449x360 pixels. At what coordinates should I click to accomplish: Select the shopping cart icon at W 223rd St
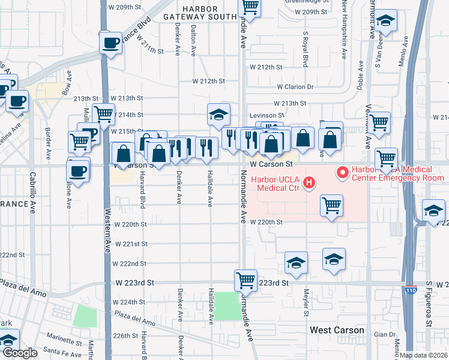coord(246,280)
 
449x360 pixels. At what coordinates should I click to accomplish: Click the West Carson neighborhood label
coord(337,330)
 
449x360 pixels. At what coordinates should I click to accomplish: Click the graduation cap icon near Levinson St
coord(218,113)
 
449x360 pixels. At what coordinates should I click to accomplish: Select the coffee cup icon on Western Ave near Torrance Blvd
coord(111,43)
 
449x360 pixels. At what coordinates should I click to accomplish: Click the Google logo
coord(20,353)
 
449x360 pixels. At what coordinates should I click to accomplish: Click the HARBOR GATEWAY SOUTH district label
coord(199,13)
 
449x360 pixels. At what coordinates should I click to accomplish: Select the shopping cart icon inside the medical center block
coord(331,206)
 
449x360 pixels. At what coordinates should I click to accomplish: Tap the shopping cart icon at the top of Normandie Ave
coord(249,7)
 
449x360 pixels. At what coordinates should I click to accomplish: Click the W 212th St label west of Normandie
coord(208,80)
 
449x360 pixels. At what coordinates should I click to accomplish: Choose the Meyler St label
coord(306,303)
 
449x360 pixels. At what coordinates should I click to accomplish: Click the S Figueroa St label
coord(429,304)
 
